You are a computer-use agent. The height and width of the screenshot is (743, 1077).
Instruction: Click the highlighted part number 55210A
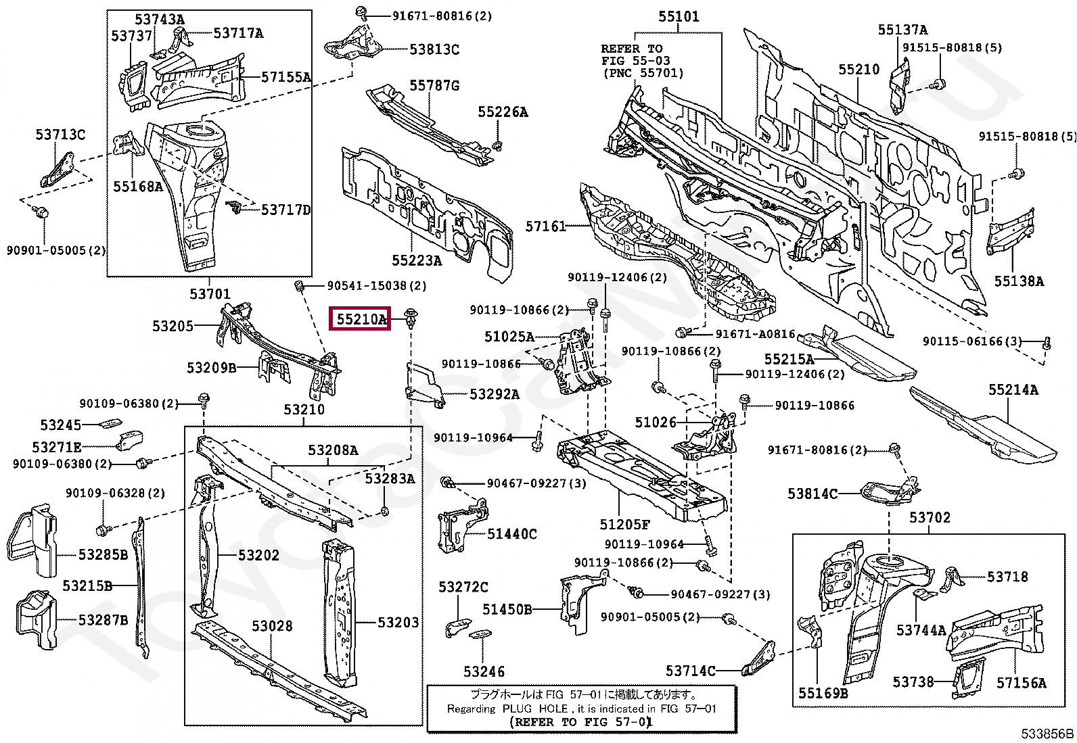[x=361, y=318]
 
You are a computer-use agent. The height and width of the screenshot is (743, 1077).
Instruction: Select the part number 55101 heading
[x=679, y=17]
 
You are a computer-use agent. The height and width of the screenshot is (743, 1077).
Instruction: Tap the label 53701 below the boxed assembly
[x=210, y=293]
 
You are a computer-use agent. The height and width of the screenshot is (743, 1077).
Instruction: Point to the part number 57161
[x=545, y=226]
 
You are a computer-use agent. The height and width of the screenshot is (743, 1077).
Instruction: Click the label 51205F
[x=624, y=525]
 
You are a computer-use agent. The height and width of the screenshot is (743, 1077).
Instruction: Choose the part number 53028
[x=272, y=626]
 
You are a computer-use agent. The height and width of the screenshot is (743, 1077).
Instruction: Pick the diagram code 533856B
[x=1047, y=734]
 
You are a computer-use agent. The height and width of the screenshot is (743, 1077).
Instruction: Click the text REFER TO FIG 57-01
[x=581, y=722]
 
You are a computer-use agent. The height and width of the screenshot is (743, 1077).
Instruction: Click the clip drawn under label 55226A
[x=498, y=145]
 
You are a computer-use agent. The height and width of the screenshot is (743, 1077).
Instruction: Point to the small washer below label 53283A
[x=384, y=510]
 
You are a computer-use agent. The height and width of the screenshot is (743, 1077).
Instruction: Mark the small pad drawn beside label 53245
[x=110, y=423]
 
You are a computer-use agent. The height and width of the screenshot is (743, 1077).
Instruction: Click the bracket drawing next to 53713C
[x=57, y=170]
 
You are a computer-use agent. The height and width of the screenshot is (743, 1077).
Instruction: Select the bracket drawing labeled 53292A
[x=425, y=385]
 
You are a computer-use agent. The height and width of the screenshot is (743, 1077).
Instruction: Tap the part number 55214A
[x=1013, y=389]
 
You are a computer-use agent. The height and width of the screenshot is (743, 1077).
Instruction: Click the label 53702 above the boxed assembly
[x=930, y=517]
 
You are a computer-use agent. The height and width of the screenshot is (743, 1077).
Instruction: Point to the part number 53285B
[x=104, y=554]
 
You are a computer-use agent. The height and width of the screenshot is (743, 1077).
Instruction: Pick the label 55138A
[x=1019, y=281]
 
